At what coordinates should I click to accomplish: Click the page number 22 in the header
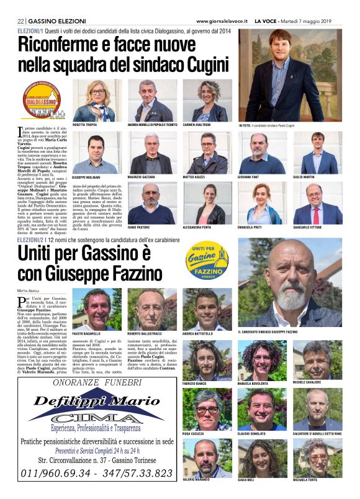(20, 20)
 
